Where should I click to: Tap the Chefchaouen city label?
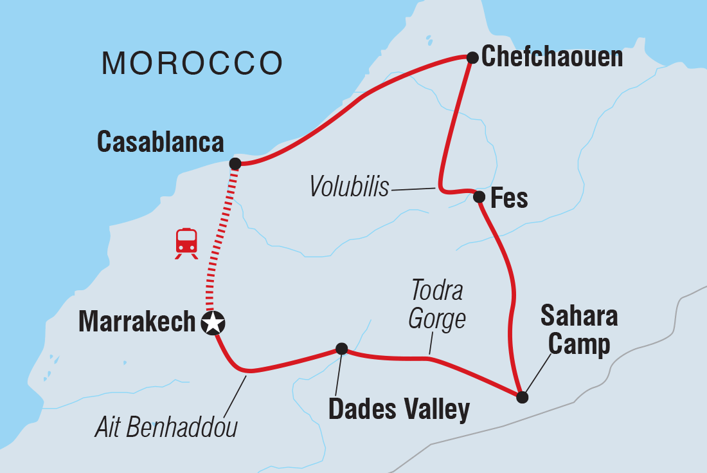pos(552,57)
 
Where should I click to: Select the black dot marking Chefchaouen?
pos(472,58)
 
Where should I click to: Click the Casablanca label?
pos(160,142)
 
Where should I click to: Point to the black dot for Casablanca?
pos(235,163)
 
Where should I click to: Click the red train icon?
pos(186,243)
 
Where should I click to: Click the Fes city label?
pos(509,198)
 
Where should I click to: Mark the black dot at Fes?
pos(479,197)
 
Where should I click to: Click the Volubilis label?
pos(349,187)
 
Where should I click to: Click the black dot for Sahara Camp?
pos(523,397)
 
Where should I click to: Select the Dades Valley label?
pos(398,409)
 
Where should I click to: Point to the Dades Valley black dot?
pos(342,349)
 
